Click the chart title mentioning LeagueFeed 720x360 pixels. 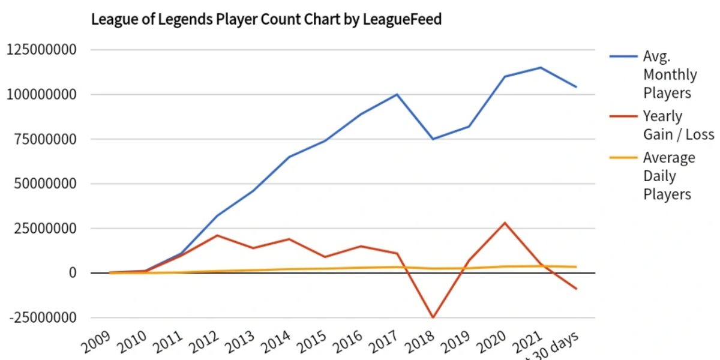pos(266,19)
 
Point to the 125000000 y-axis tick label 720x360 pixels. pos(41,50)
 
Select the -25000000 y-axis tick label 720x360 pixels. pos(41,318)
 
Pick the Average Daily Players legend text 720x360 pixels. pos(668,176)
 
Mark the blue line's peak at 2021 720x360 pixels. pos(541,68)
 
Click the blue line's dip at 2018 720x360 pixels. pos(433,139)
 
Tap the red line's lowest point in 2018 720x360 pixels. pos(433,317)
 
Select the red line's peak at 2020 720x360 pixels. pos(505,223)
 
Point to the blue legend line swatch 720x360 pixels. pos(623,57)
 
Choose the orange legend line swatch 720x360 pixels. pos(623,158)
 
